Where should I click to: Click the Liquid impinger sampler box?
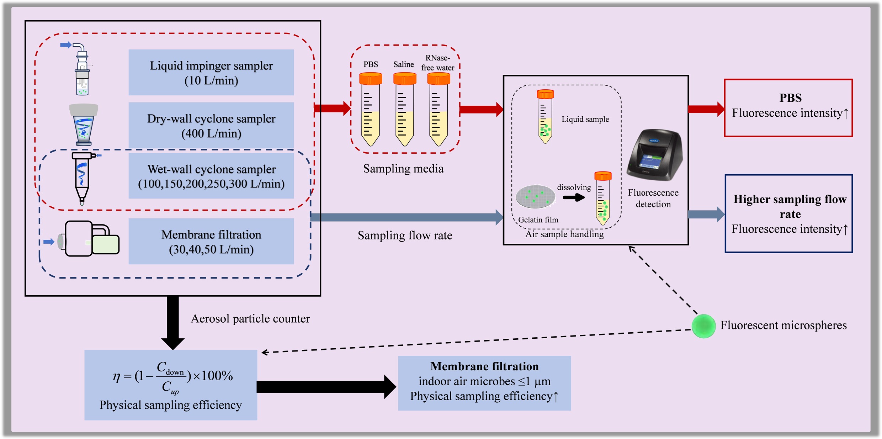pyautogui.click(x=211, y=73)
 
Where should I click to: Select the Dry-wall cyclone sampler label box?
pyautogui.click(x=211, y=126)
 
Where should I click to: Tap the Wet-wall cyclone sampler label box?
pyautogui.click(x=211, y=176)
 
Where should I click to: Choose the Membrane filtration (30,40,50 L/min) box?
pyautogui.click(x=211, y=241)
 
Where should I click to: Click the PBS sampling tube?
pyautogui.click(x=370, y=110)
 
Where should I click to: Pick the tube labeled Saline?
pyautogui.click(x=404, y=110)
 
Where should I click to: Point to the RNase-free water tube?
pyautogui.click(x=438, y=110)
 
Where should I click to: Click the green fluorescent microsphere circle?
pyautogui.click(x=703, y=326)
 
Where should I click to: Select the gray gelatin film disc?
pyautogui.click(x=535, y=196)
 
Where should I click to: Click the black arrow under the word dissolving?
pyautogui.click(x=573, y=197)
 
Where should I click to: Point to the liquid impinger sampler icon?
pyautogui.click(x=82, y=69)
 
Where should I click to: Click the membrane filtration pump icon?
pyautogui.click(x=91, y=238)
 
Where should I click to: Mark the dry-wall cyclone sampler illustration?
pyautogui.click(x=84, y=125)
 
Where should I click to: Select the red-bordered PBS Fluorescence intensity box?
pyautogui.click(x=788, y=108)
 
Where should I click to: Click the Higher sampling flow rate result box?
pyautogui.click(x=788, y=213)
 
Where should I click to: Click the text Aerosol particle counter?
pyautogui.click(x=250, y=319)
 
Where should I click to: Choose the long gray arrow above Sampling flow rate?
pyautogui.click(x=405, y=217)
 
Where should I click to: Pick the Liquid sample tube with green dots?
pyautogui.click(x=545, y=117)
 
